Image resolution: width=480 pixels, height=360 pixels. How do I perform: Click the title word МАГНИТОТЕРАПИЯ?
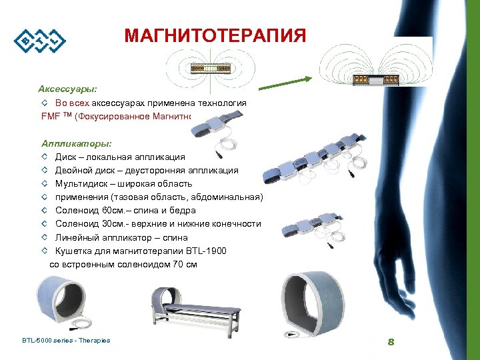(x=215, y=35)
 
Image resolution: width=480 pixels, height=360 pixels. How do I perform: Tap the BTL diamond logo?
(x=41, y=41)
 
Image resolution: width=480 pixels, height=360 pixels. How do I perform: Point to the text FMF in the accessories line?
(x=51, y=116)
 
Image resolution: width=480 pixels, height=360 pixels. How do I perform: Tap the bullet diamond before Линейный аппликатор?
(x=44, y=237)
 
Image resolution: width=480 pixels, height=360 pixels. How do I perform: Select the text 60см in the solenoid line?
(x=111, y=211)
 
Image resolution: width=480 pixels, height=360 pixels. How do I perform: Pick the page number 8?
(x=391, y=342)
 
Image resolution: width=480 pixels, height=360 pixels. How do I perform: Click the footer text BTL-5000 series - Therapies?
(x=66, y=341)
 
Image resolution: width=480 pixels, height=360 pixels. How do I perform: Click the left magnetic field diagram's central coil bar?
(x=210, y=69)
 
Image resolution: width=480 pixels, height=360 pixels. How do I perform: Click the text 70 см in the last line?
(x=183, y=264)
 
